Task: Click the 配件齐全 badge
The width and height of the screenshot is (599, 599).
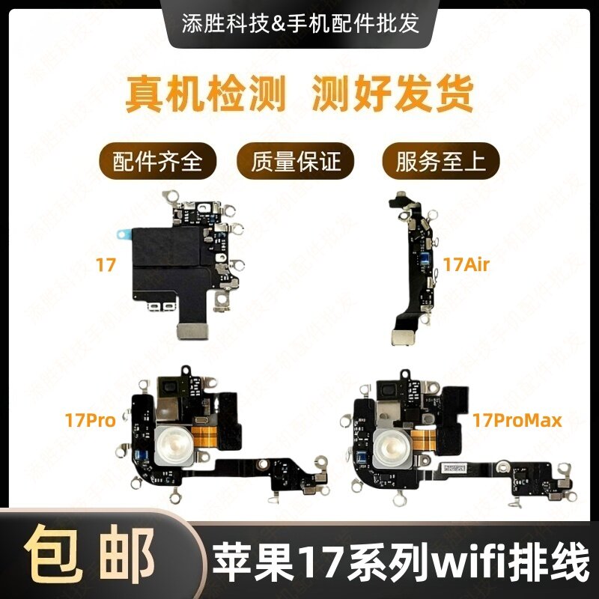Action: point(158,161)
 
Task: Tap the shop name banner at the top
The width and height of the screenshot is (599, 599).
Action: point(299,23)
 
